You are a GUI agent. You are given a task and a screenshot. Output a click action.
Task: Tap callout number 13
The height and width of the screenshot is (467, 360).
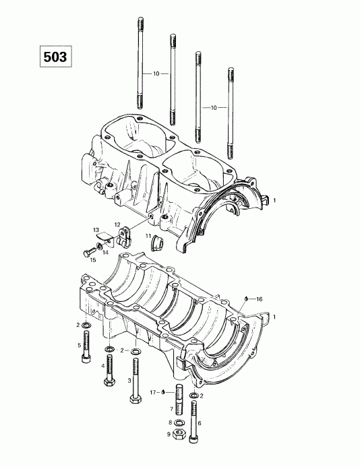click(x=96, y=229)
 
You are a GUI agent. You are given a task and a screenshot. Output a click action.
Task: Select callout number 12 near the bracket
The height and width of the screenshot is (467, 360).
click(x=117, y=224)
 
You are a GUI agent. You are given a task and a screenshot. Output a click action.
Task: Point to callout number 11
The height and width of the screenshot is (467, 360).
click(x=148, y=236)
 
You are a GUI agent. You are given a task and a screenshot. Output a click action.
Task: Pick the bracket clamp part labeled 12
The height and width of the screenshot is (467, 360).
click(x=124, y=236)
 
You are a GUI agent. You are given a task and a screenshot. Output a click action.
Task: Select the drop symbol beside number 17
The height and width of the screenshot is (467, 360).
click(x=164, y=391)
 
